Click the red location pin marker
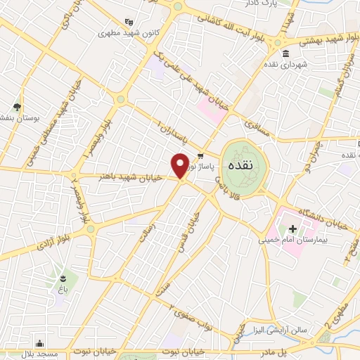180,165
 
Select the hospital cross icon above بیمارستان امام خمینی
292,229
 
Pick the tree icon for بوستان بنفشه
17,107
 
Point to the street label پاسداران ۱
168,131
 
